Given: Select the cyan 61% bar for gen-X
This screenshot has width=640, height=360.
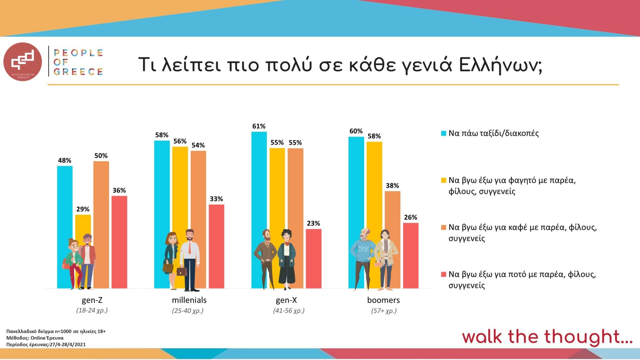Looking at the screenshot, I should (x=259, y=187).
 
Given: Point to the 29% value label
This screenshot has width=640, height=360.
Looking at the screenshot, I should (x=83, y=209).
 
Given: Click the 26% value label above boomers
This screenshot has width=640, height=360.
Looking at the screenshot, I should (x=410, y=217).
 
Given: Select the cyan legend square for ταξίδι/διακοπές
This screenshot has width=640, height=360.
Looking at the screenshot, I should (x=443, y=133).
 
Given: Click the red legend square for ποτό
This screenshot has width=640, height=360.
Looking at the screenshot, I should (x=443, y=274).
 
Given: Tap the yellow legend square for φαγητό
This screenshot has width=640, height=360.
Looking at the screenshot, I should (x=443, y=180).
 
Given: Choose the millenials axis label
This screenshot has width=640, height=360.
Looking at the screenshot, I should (x=189, y=300).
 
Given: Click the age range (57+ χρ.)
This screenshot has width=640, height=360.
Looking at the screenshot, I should (x=384, y=311).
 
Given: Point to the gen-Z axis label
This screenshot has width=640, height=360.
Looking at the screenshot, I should (x=92, y=300).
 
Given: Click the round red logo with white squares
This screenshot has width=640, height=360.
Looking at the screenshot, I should (x=22, y=62).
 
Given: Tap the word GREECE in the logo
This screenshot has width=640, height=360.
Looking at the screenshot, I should (x=78, y=72).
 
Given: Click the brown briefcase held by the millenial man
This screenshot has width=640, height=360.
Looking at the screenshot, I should (x=182, y=271).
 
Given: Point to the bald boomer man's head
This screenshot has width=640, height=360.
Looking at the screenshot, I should (x=365, y=233).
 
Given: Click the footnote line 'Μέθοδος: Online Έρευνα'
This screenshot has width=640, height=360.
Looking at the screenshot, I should (x=35, y=338).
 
